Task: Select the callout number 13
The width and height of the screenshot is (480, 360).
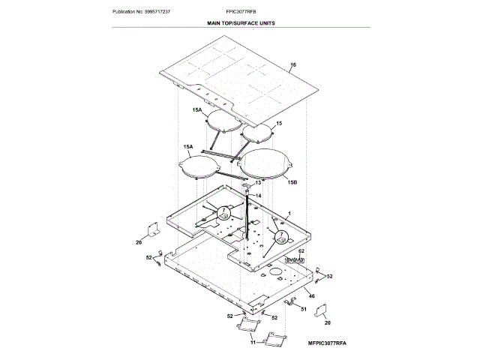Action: (259, 182)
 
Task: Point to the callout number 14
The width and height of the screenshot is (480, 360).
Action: (259, 196)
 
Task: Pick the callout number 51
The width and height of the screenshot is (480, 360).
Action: (304, 309)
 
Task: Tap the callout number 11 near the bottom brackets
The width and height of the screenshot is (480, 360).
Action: (253, 342)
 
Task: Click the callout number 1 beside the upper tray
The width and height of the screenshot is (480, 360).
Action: (289, 213)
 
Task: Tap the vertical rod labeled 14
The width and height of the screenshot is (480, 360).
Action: (245, 217)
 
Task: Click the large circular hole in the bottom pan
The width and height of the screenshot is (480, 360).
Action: (275, 271)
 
